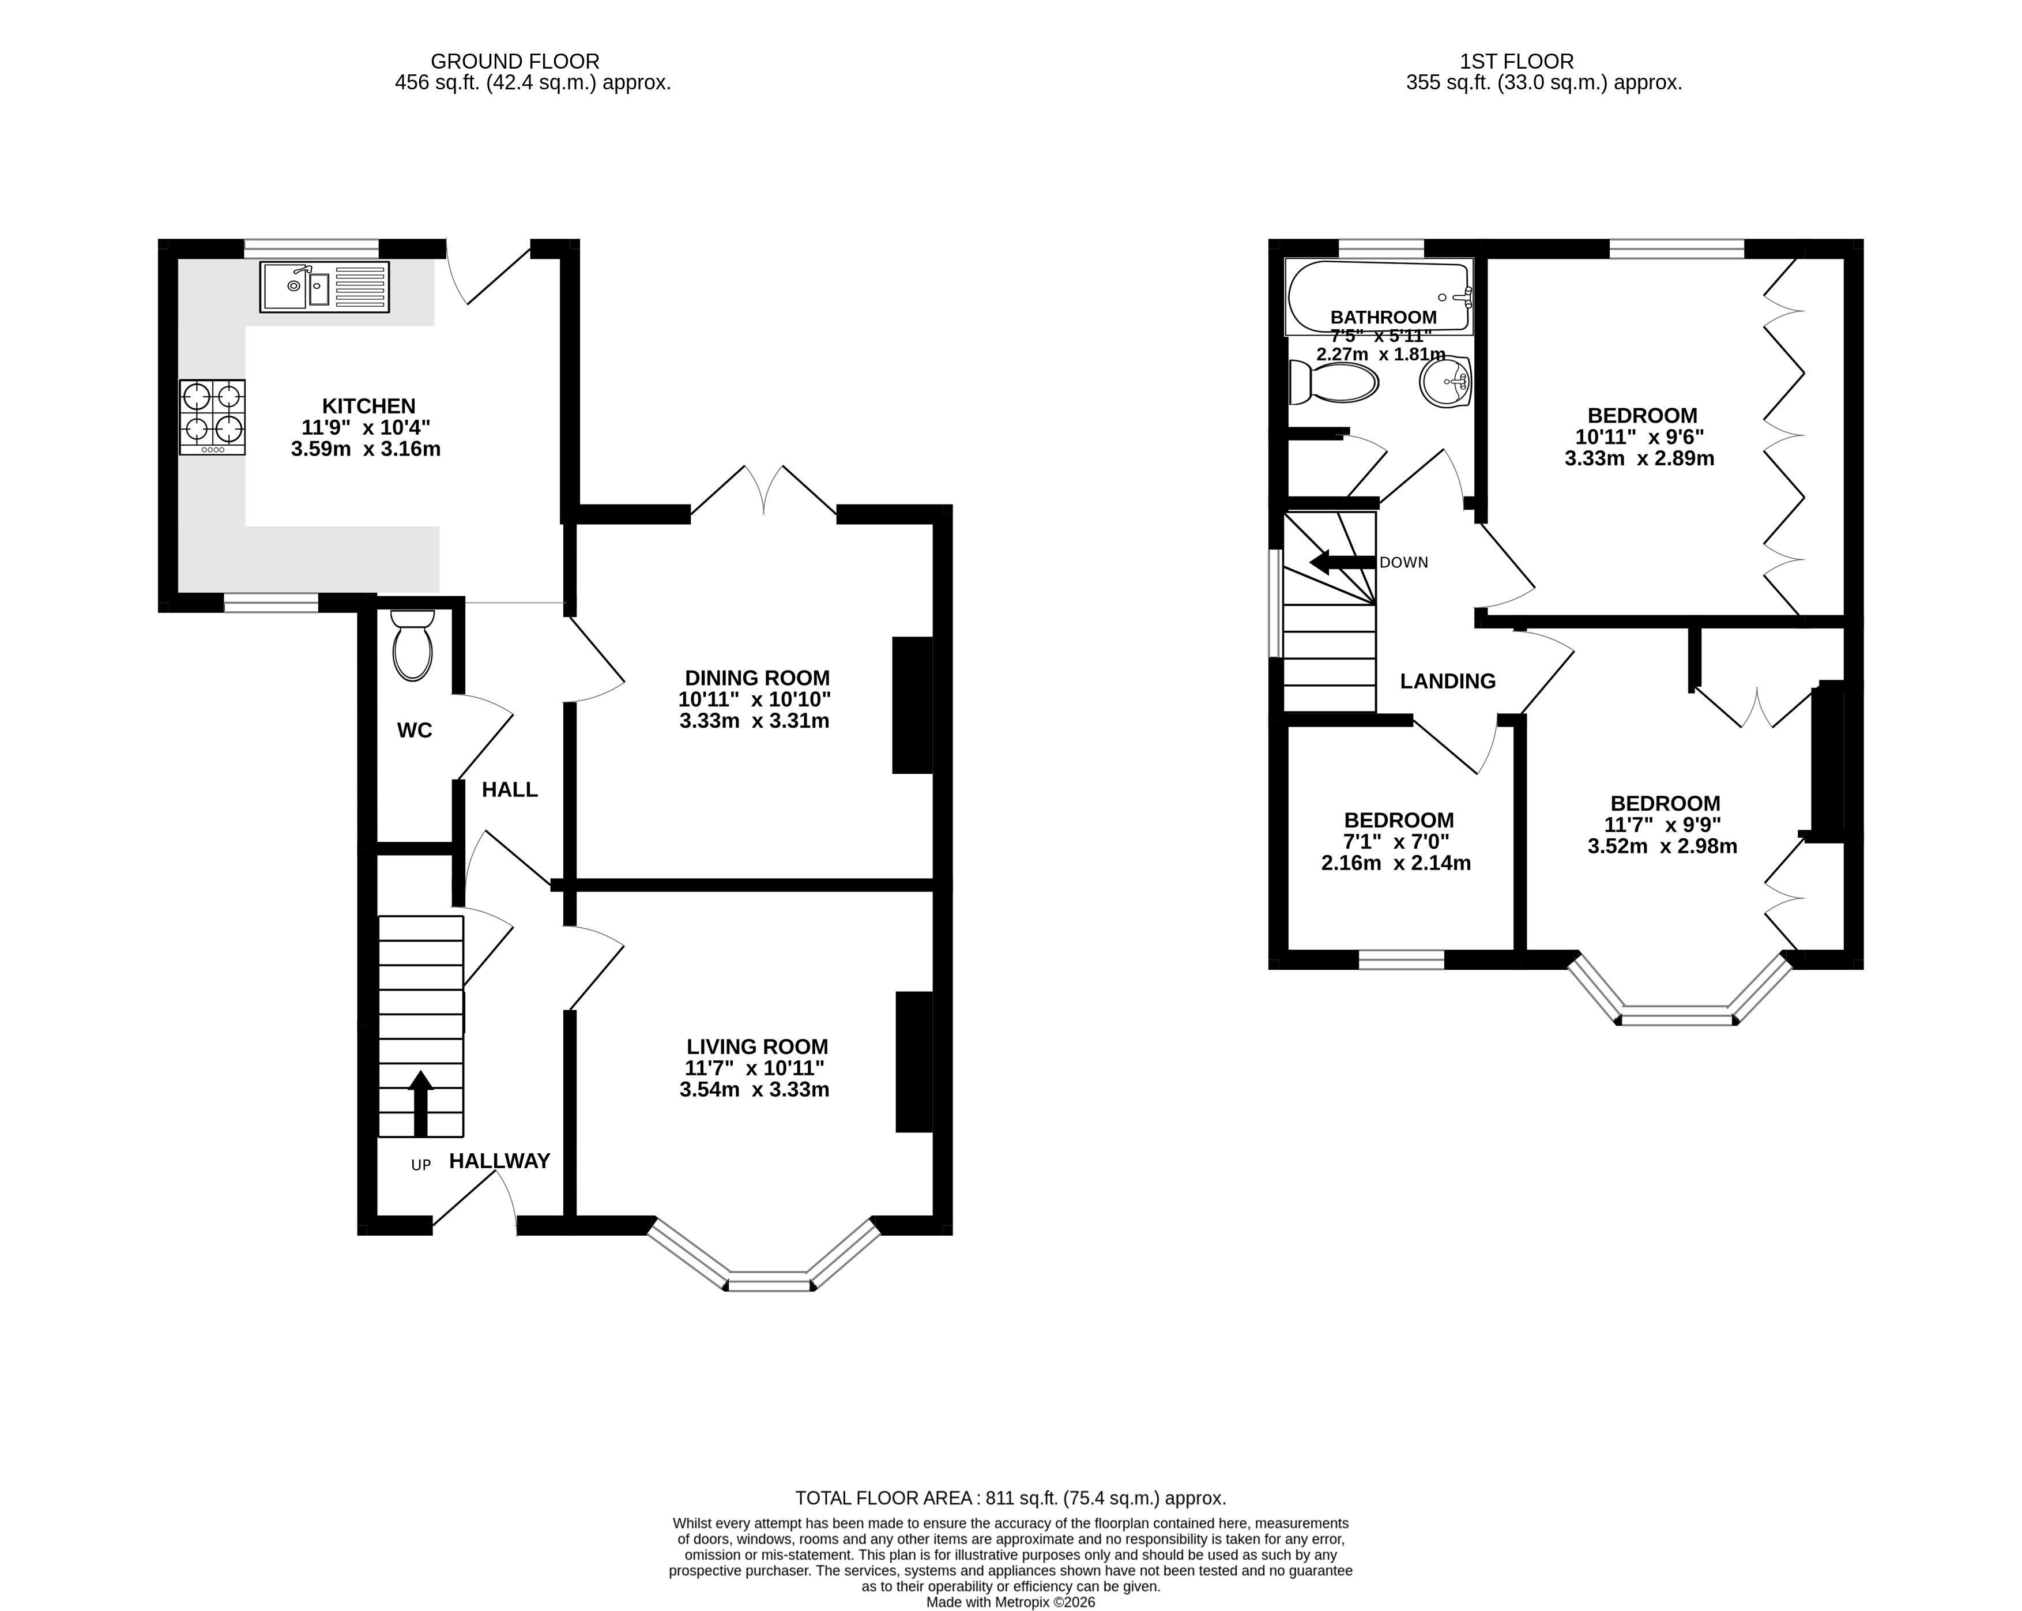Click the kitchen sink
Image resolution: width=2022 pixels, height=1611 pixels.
[325, 287]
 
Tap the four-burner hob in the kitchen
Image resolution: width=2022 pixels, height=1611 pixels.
[213, 417]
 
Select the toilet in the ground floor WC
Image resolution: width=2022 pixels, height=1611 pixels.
[413, 645]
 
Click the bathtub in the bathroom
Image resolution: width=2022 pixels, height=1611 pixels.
[1379, 296]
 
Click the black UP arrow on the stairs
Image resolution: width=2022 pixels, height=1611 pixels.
[420, 1104]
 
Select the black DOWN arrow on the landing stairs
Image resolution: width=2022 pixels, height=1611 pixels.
[1342, 563]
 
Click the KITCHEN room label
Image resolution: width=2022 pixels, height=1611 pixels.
[368, 406]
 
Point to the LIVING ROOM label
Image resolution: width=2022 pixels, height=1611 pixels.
[757, 1047]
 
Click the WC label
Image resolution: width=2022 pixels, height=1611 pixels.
[415, 731]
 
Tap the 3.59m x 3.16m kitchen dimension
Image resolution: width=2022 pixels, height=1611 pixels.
[366, 449]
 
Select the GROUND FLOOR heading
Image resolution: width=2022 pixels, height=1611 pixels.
[515, 62]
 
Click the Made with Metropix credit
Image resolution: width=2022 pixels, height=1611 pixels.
[1010, 1602]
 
